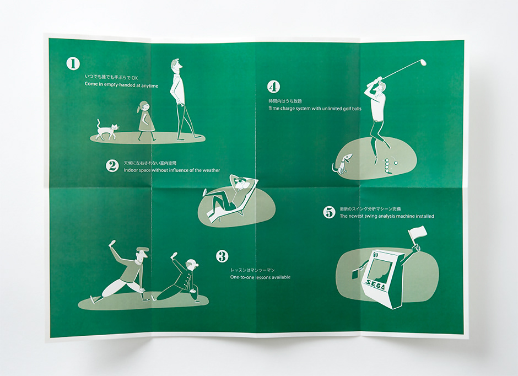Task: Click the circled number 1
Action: click(x=73, y=64)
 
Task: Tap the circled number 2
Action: click(x=112, y=166)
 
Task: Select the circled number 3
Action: click(x=222, y=256)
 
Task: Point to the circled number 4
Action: click(x=273, y=87)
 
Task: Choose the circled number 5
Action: click(x=329, y=212)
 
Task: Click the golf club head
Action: click(x=423, y=62)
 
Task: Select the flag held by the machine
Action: click(x=418, y=232)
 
